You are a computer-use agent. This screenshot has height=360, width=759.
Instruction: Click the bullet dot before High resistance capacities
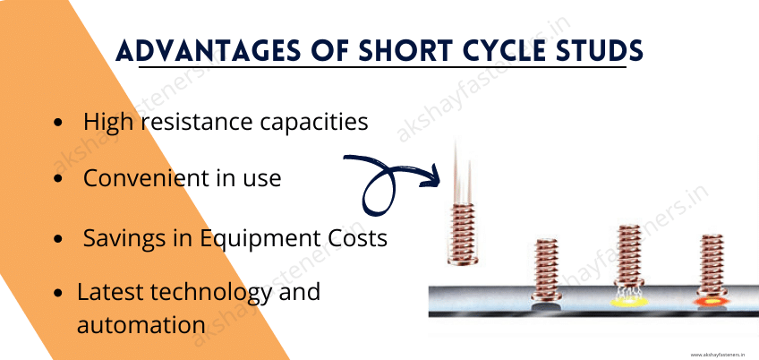tap(58, 123)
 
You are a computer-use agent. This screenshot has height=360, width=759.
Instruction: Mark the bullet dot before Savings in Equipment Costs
tap(58, 240)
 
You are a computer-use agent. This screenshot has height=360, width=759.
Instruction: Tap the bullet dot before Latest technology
tap(58, 293)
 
